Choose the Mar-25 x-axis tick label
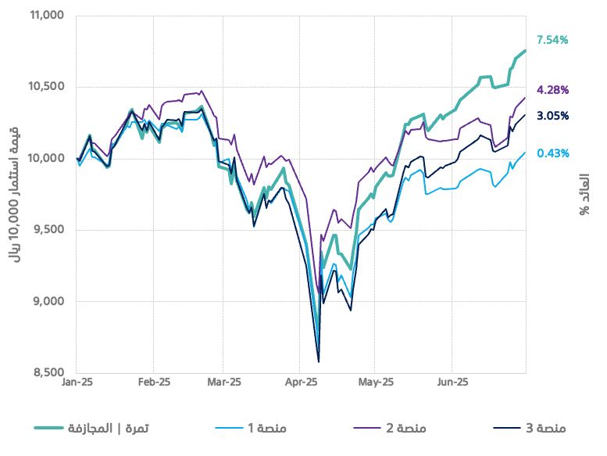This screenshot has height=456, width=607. coord(223,383)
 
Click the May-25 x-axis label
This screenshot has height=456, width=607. coord(376,383)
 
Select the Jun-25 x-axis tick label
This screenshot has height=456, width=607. coord(452,383)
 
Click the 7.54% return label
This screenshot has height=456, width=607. coord(552,40)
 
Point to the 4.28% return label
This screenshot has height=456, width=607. coord(552,90)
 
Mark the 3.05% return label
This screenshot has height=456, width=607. coord(552,116)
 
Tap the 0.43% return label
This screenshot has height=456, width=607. coord(552,153)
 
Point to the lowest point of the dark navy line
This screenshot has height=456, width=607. coord(319,361)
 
